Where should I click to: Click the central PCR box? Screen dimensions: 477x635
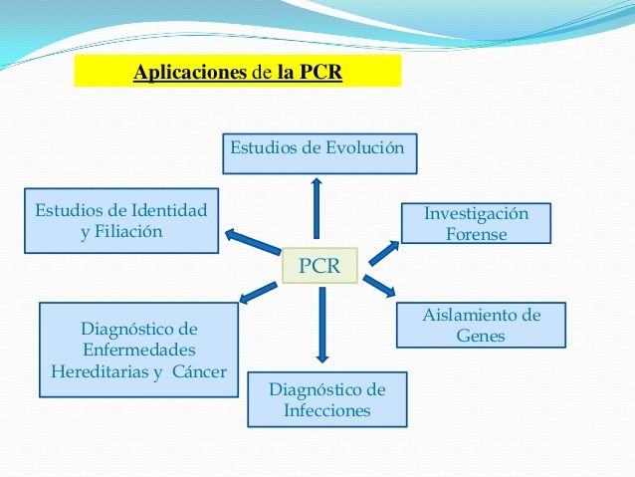coord(319,266)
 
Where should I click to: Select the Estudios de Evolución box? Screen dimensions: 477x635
coord(318,151)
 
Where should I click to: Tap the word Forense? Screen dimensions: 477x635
coord(477,235)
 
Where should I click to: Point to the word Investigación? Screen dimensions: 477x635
coord(476,214)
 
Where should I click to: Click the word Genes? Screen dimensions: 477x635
coord(481,337)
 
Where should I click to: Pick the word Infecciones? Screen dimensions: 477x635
coord(326,410)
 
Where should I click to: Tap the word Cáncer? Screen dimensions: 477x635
coord(199,372)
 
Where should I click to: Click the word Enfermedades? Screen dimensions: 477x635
coord(138,351)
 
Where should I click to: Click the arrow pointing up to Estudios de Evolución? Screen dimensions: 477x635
coord(317,207)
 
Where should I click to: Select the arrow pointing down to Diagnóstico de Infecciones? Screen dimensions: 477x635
coord(320,324)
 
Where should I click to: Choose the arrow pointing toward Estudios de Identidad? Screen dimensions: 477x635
coord(253,241)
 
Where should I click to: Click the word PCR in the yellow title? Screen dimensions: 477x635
coord(320,73)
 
